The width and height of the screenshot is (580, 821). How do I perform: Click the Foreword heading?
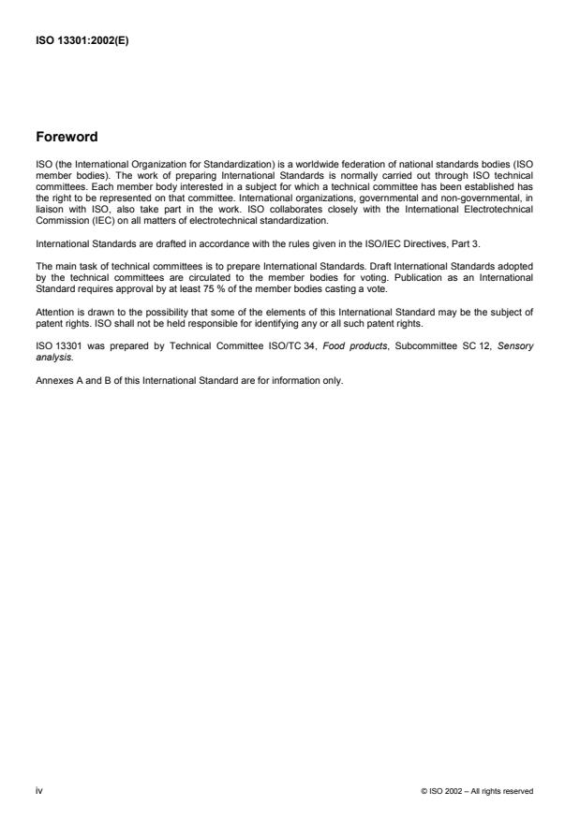pyautogui.click(x=67, y=137)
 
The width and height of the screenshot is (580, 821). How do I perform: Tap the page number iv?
pyautogui.click(x=38, y=791)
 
